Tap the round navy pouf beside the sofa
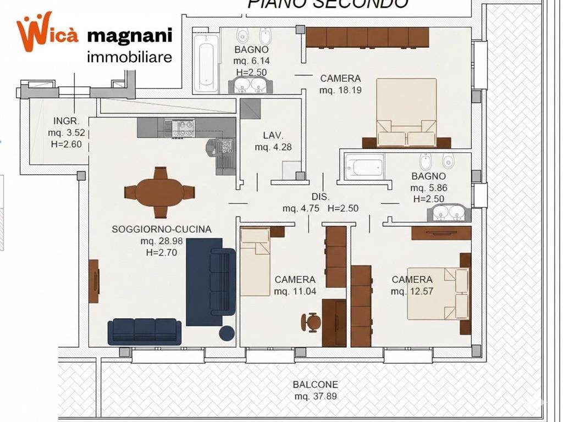pos(227,333)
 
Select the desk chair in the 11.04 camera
pos(312,321)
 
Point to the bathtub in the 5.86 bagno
pos(364,166)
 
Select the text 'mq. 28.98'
pos(161,241)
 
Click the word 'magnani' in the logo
pos(130,36)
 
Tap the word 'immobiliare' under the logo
pos(130,56)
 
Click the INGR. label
pos(67,121)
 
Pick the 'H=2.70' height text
pos(161,253)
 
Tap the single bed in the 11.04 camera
pos(255,262)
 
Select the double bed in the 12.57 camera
pos(438,293)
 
